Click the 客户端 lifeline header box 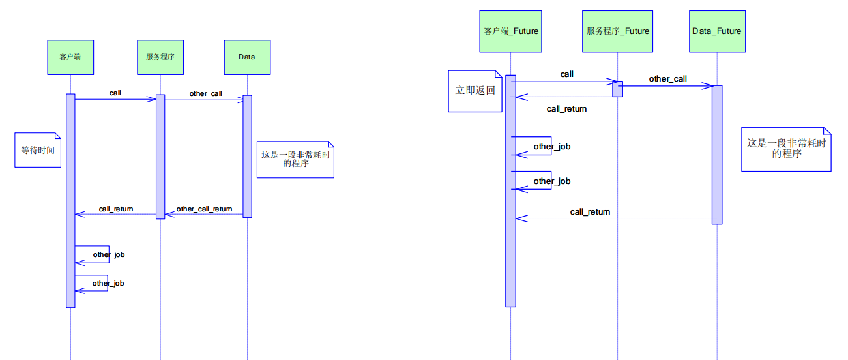coord(70,57)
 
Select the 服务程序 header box coord(160,57)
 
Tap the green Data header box coord(246,57)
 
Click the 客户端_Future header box coord(511,31)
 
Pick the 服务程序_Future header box coord(618,31)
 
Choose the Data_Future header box coord(716,31)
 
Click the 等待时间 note coord(38,150)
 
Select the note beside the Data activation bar coord(295,159)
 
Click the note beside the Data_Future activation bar coord(786,149)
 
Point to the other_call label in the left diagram coord(206,94)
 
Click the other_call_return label coord(204,209)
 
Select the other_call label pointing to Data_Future coord(667,79)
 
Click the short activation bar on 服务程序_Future coord(617,89)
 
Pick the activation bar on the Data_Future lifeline coord(717,154)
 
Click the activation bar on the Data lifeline coord(247,157)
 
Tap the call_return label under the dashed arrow coord(566,109)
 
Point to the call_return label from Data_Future coord(590,212)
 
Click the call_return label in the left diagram coord(116,209)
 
